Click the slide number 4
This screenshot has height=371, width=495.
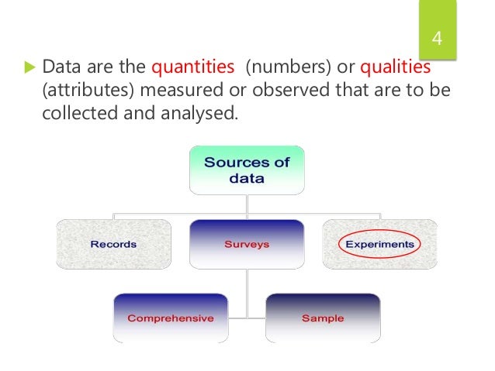(x=436, y=40)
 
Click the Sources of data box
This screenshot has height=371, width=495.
(x=246, y=170)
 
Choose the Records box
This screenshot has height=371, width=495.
(x=113, y=244)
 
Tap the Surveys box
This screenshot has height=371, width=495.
(x=247, y=244)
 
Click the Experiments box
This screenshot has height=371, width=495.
(x=379, y=244)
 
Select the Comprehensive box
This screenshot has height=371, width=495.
(x=171, y=318)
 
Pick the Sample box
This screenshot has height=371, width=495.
(x=324, y=318)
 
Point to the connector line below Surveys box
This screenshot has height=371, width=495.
(x=247, y=287)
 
